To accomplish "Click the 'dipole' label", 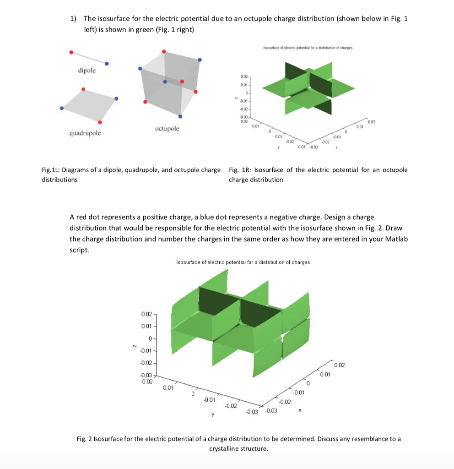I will (86, 71).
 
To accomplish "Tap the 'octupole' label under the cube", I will (167, 129).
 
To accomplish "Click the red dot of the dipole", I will (71, 52).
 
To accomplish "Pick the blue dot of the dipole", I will (107, 64).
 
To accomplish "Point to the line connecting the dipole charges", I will (89, 58).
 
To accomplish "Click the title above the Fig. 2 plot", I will (243, 262).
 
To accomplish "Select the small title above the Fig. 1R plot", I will (304, 48).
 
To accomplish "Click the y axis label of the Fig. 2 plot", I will (212, 415).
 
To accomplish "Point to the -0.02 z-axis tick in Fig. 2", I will (146, 363).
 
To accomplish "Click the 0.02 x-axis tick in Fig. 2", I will (340, 365).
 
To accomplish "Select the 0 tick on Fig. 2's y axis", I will (193, 393).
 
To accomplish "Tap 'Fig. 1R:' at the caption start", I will (240, 170).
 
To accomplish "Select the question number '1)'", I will (73, 19).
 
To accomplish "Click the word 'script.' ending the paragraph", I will (78, 250).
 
